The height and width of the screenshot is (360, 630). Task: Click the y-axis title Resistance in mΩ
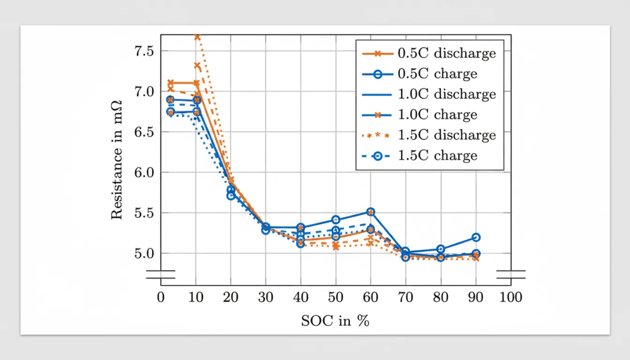click(117, 160)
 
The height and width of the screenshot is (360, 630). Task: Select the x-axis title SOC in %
click(335, 321)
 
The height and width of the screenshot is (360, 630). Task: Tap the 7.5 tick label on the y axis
click(144, 51)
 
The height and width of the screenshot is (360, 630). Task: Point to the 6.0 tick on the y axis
click(144, 172)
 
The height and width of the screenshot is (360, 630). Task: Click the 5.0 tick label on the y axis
click(144, 254)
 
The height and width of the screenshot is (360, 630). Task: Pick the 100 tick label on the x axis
click(510, 298)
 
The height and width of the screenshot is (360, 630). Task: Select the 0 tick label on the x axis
click(161, 298)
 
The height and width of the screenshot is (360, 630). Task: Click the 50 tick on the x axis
click(335, 298)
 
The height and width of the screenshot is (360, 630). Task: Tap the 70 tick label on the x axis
click(405, 298)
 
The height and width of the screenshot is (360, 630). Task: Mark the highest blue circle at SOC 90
click(476, 237)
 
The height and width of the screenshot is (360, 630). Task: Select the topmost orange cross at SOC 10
click(197, 37)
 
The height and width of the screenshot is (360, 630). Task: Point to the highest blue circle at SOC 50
click(336, 219)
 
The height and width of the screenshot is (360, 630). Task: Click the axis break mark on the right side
click(510, 274)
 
